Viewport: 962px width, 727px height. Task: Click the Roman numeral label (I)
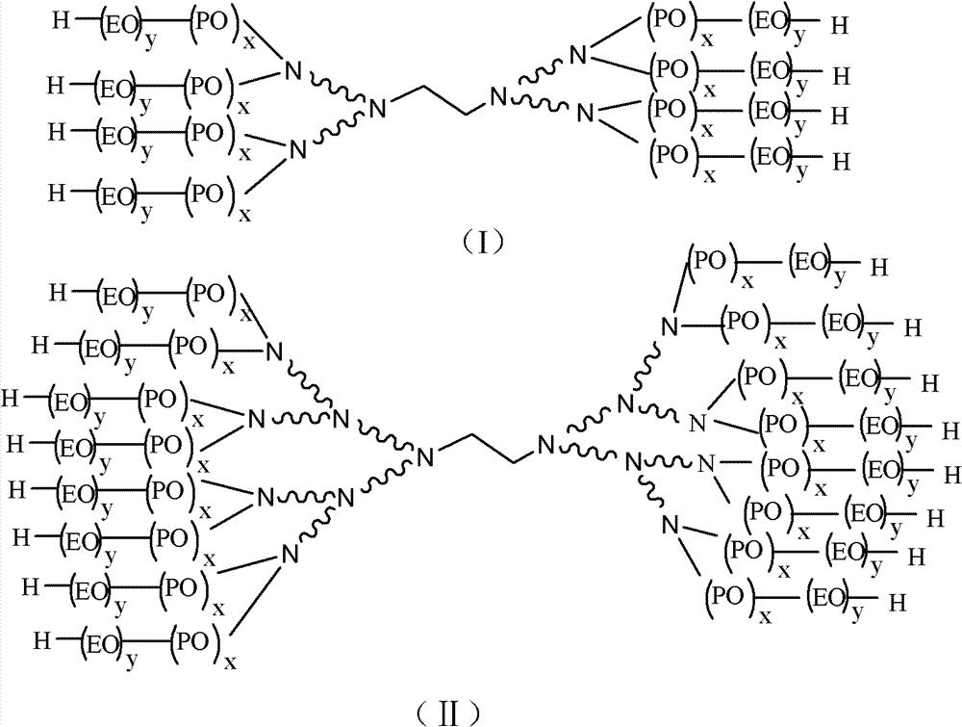[484, 242]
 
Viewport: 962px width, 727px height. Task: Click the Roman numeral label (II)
[446, 714]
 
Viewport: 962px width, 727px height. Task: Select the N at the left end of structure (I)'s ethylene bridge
[378, 109]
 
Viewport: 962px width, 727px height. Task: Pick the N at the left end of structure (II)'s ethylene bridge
[425, 456]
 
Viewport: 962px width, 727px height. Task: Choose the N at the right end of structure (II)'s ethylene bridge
[545, 445]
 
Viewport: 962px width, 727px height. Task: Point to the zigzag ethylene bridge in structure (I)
[439, 100]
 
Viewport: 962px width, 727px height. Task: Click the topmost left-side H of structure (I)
[61, 21]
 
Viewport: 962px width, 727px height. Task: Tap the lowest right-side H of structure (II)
[897, 603]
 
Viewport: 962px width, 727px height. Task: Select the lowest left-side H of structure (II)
[41, 641]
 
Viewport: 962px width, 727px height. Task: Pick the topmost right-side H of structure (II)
[879, 268]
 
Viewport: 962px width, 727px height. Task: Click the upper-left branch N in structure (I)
[293, 71]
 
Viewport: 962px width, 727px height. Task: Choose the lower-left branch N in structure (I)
[297, 150]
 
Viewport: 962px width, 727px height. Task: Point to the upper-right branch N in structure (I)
[578, 55]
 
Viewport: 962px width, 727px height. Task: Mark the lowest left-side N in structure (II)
[290, 555]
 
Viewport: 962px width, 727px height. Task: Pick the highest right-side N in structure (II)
[670, 326]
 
